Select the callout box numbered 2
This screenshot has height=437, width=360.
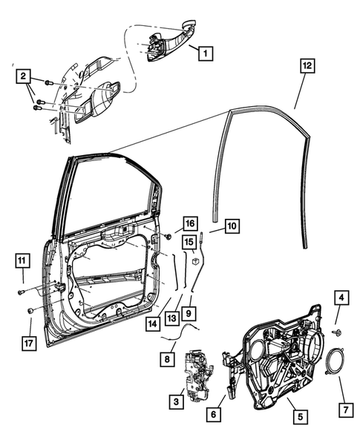(24, 76)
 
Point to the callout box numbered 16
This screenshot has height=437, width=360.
(190, 223)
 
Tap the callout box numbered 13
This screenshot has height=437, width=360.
(173, 318)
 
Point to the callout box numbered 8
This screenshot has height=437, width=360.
(168, 358)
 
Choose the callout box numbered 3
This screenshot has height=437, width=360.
(177, 401)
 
